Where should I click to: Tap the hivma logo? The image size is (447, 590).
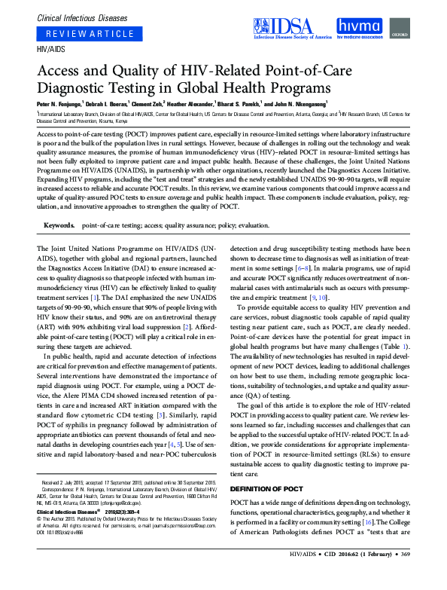click(363, 28)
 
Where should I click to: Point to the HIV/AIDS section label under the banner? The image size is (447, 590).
click(50, 49)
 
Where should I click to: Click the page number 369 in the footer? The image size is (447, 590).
click(430, 576)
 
